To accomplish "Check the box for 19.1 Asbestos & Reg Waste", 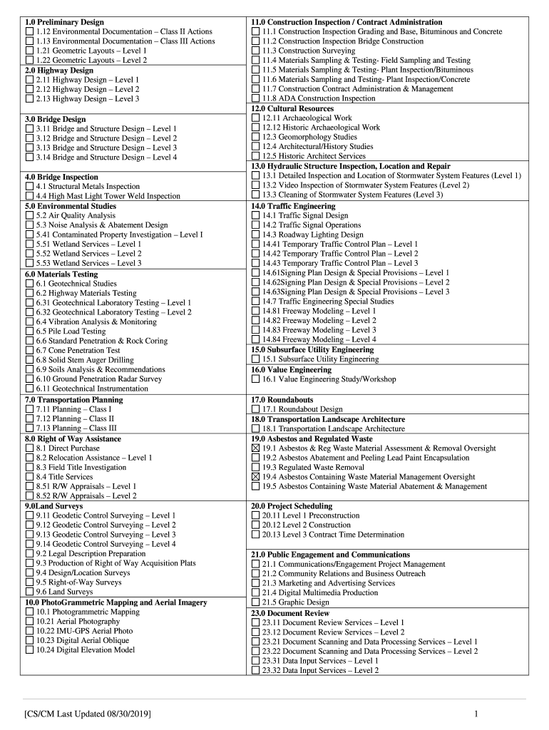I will coord(256,448).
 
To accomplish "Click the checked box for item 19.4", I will coord(256,477).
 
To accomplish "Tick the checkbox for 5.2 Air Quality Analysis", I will coord(29,215).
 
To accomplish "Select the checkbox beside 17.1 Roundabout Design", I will coord(256,410).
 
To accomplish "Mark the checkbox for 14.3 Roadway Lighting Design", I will coord(256,235).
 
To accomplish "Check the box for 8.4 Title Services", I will coord(29,477).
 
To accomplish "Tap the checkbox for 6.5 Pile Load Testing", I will coord(29,331).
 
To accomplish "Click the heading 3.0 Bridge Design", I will coord(55,119).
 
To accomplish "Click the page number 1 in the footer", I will coord(474,713).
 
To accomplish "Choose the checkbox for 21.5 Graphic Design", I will coord(256,602).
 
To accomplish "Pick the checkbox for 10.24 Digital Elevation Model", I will coord(29,650).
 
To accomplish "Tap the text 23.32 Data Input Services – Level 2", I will coord(320,670).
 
